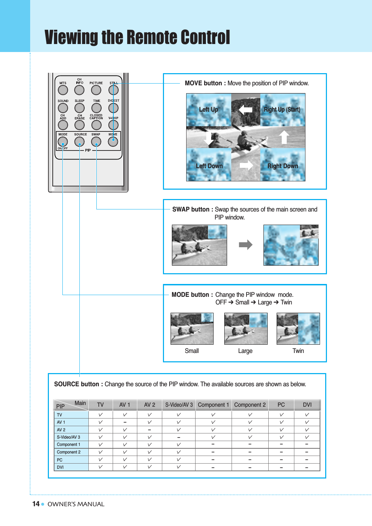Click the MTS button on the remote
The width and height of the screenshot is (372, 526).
click(x=63, y=90)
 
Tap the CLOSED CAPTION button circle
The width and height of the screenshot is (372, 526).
click(x=96, y=125)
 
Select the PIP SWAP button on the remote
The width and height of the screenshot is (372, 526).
click(x=96, y=141)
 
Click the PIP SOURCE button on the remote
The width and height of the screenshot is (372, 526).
click(x=79, y=141)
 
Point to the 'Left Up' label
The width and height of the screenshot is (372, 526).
click(x=208, y=110)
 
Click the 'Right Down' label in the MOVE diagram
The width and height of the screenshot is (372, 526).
click(x=283, y=166)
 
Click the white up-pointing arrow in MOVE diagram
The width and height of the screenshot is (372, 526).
click(x=284, y=137)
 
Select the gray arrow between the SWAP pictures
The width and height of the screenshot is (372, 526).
click(x=245, y=245)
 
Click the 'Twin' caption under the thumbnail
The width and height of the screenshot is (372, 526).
click(x=298, y=351)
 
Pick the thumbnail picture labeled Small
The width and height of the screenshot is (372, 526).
click(x=192, y=328)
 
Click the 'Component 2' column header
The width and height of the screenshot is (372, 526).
click(x=250, y=405)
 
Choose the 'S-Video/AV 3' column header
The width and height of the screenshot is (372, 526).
click(x=179, y=405)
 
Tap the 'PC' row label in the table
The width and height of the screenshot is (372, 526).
click(x=60, y=460)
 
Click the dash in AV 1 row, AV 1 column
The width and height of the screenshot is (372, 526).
click(x=125, y=422)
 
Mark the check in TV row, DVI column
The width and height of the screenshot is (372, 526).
click(x=307, y=415)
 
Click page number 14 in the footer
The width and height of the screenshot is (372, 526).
click(x=36, y=504)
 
